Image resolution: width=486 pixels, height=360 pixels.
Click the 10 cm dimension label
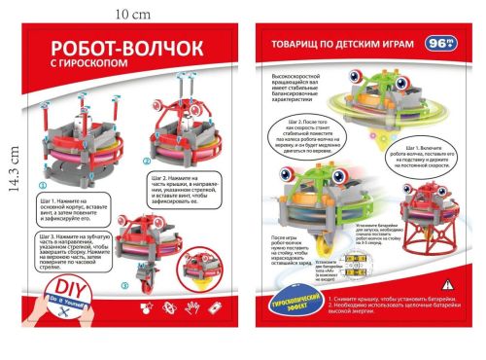(x=128, y=15)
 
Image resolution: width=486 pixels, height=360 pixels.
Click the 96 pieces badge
(x=438, y=43)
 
